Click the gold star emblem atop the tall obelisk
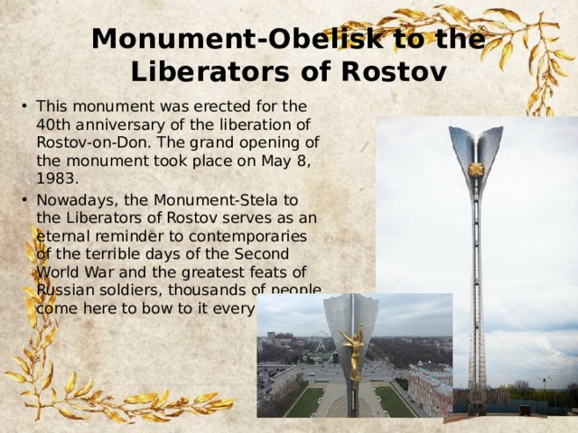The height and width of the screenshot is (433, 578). tap(476, 170)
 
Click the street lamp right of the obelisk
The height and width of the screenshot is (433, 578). tap(544, 384)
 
